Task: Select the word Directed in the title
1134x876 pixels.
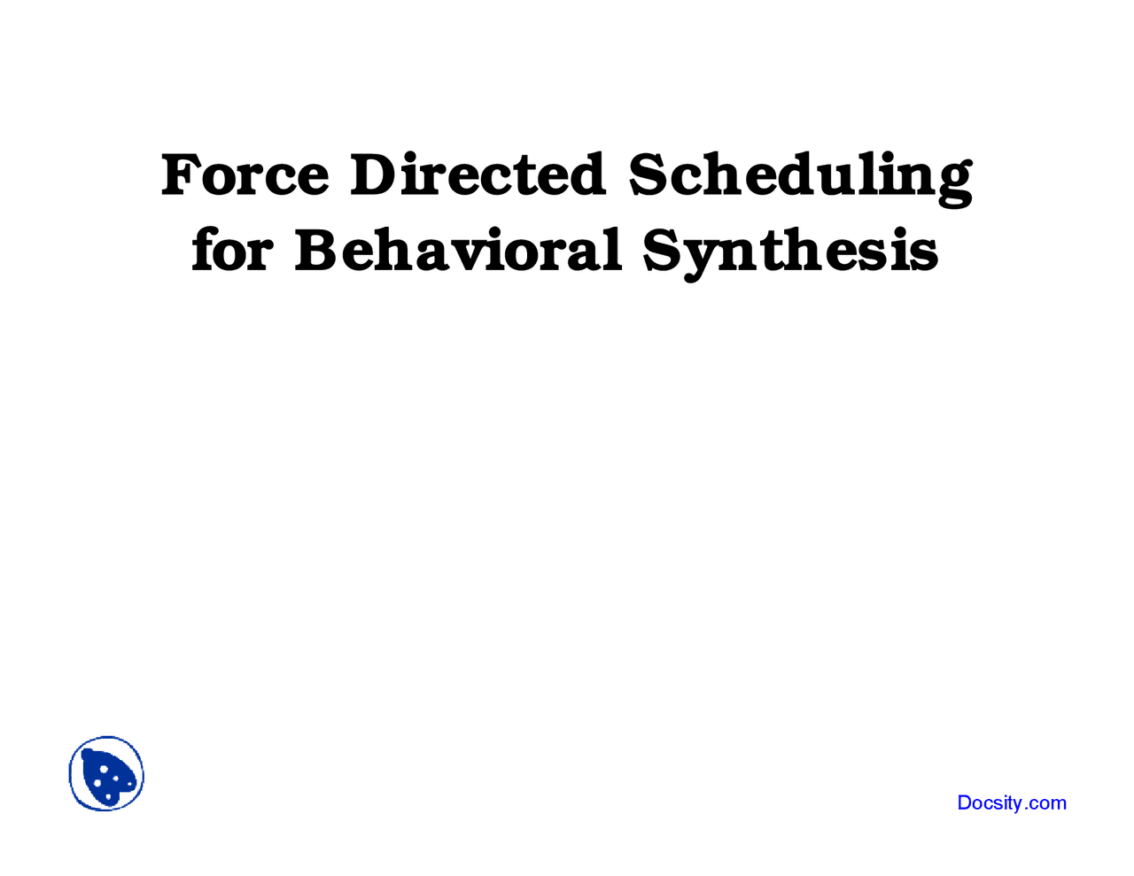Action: pos(478,174)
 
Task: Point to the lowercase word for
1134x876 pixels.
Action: pos(231,250)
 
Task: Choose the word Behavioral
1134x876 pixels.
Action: pos(458,250)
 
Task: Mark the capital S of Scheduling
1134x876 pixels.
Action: pos(649,174)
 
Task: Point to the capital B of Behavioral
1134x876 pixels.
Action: pos(316,250)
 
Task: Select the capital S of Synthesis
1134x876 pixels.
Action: pos(663,250)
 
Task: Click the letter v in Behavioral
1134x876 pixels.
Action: pos(483,252)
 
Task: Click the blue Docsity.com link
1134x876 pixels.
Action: pos(1012,803)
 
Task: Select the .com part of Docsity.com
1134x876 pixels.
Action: pos(1047,803)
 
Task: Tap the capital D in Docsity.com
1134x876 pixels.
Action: pos(965,803)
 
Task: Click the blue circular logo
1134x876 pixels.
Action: pos(106,774)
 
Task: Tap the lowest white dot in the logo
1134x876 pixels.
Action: pos(109,797)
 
